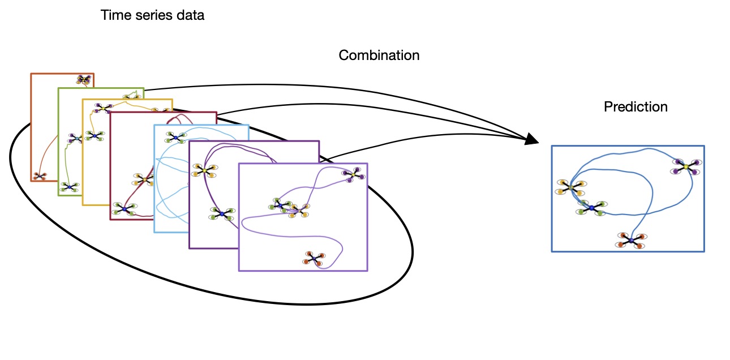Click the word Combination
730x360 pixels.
379,55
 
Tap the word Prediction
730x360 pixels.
635,106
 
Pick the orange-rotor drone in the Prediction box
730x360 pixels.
630,241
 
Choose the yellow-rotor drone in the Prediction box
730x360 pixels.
570,187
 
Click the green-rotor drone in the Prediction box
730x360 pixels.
591,208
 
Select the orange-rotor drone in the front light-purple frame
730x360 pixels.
314,258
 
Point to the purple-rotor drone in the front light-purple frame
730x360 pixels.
353,175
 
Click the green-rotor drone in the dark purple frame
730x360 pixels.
222,214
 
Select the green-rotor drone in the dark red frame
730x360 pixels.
124,209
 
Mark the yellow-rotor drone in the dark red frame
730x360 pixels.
144,179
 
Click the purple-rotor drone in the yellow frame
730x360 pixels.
103,108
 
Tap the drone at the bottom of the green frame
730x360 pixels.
70,186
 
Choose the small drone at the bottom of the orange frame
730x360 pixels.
39,176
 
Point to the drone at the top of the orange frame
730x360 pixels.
84,80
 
